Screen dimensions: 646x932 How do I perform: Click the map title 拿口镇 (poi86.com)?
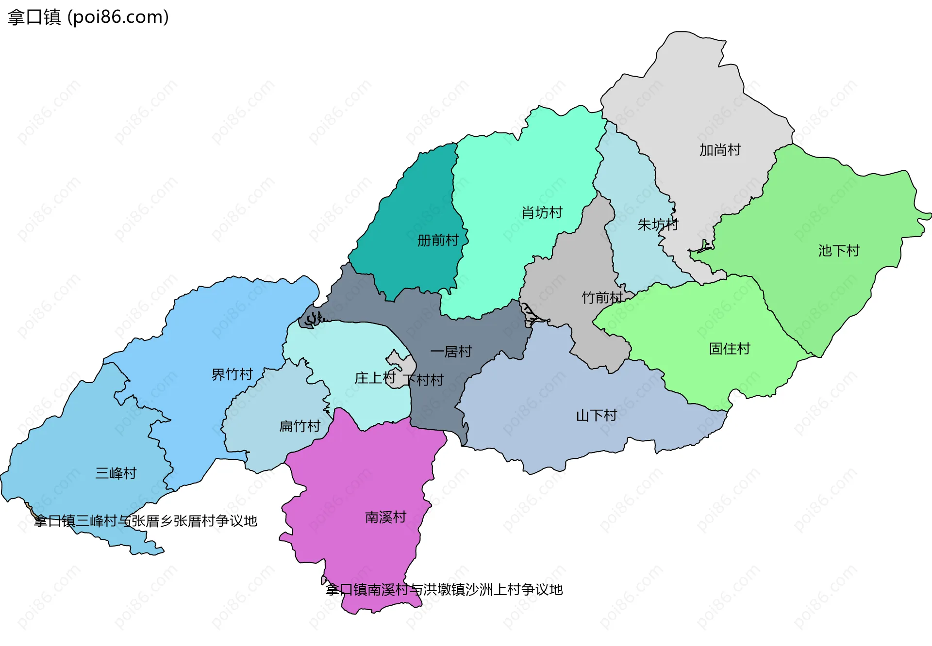coord(88,17)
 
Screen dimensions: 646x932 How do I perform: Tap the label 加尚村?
coord(720,150)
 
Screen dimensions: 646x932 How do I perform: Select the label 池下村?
coord(839,251)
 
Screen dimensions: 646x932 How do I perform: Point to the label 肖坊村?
coord(542,212)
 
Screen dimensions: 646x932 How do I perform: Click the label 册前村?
coord(438,240)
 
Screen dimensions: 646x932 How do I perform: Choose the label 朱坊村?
coord(658,225)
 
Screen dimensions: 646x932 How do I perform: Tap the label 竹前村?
coord(602,297)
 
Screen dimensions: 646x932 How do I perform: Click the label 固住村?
coord(729,349)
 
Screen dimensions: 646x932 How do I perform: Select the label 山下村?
coord(596,416)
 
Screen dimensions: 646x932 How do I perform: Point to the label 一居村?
coord(451,352)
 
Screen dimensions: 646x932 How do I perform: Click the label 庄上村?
coord(375,378)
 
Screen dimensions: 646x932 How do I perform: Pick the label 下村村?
coord(423,380)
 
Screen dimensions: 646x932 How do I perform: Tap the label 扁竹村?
coord(300,426)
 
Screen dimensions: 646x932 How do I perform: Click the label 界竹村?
coord(232,374)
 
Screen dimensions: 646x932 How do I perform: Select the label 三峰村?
coord(116,473)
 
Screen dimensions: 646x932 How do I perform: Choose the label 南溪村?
coord(385,517)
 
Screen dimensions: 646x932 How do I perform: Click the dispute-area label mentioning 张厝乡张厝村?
coord(146,521)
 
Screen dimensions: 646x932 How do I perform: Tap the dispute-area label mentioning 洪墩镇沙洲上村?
coord(444,590)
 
